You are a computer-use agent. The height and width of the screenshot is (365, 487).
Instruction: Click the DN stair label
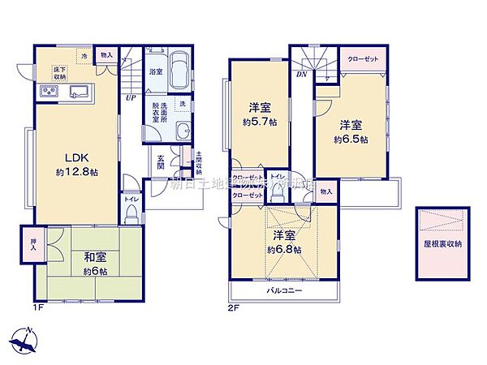tap(301, 75)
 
